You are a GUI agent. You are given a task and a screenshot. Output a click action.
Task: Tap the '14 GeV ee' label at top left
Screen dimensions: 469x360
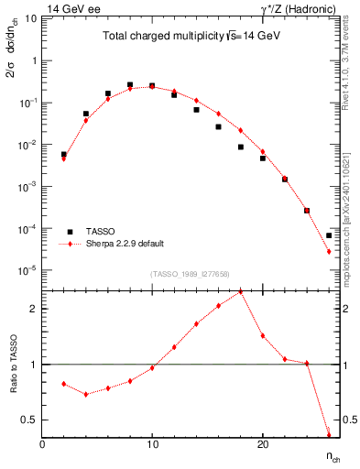(72, 8)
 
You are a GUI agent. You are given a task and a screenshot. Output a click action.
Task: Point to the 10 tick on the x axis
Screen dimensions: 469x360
(152, 445)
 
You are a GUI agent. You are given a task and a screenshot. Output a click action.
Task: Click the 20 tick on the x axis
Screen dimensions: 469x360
(262, 445)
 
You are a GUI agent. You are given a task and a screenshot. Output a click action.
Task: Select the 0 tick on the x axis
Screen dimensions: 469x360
(43, 445)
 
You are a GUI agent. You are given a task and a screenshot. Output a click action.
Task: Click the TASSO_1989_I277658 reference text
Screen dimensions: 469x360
(189, 274)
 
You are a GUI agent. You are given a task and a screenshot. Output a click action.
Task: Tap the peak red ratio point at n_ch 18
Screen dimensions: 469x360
(240, 292)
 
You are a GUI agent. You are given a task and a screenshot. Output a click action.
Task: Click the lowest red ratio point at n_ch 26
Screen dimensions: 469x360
(328, 434)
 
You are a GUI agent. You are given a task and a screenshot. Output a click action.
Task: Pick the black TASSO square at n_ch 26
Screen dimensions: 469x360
(328, 235)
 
